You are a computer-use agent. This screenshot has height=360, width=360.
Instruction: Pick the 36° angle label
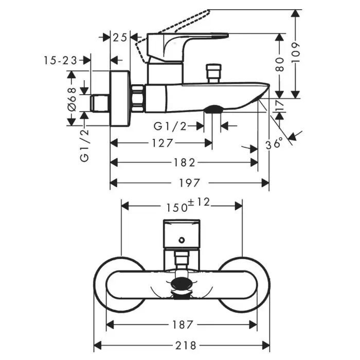(x=275, y=143)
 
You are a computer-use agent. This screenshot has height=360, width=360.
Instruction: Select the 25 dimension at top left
(x=120, y=37)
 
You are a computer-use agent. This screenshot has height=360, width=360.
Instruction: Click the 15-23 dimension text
(x=60, y=60)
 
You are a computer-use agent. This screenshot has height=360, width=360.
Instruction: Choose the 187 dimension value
(x=182, y=325)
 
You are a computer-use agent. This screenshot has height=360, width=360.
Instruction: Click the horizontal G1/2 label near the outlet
(x=170, y=125)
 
